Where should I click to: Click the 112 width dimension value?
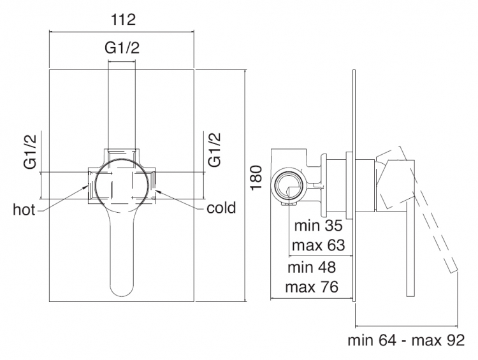tap(123, 20)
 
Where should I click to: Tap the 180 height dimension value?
tap(257, 177)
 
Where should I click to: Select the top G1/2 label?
tap(122, 48)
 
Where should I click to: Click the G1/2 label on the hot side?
tap(30, 151)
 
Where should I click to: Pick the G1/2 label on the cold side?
tap(214, 149)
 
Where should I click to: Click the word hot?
tap(24, 210)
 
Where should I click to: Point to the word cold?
tap(221, 208)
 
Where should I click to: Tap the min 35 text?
tap(319, 226)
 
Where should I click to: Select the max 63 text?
tap(318, 245)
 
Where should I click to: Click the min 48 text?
tap(312, 268)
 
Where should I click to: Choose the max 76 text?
tap(312, 287)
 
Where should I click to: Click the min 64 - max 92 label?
tap(406, 340)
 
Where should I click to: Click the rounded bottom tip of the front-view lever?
tap(122, 295)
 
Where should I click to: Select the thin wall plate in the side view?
tap(354, 186)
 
